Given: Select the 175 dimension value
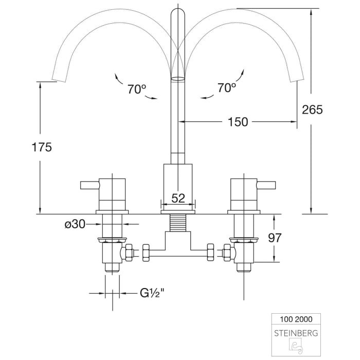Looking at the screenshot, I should click(42, 147).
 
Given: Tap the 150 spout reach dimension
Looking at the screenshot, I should click(238, 122).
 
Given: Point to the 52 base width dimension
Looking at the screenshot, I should click(178, 197).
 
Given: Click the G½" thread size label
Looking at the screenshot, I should click(152, 294).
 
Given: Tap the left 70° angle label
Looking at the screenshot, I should click(137, 88).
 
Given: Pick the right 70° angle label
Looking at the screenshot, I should click(226, 88).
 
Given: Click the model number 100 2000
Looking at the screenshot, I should click(295, 319).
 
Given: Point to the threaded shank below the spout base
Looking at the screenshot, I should click(178, 223).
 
